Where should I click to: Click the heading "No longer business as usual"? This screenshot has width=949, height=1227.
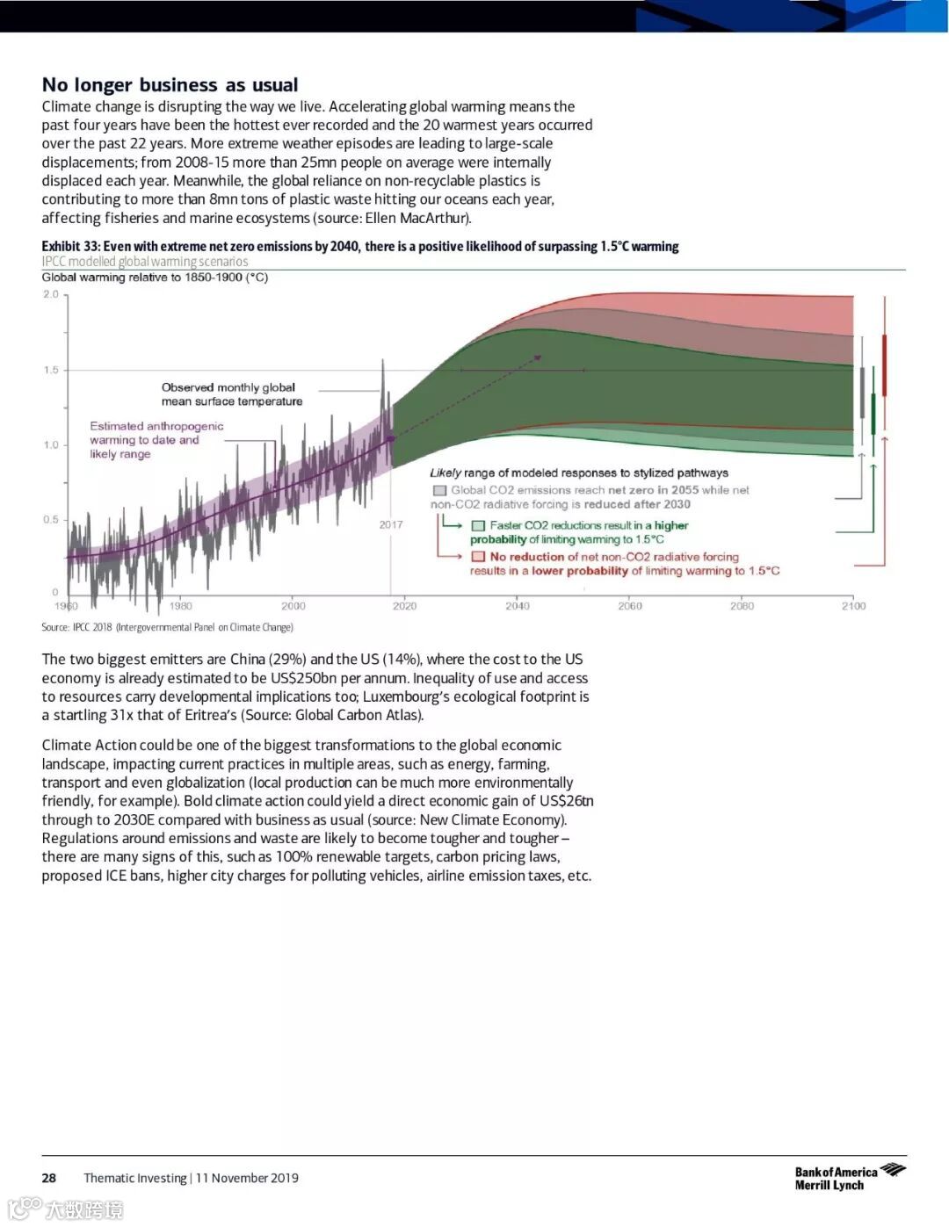click(170, 84)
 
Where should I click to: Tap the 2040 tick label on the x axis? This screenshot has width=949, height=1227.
click(517, 606)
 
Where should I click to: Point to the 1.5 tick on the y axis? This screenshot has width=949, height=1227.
click(51, 370)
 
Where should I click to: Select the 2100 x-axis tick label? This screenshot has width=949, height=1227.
click(853, 606)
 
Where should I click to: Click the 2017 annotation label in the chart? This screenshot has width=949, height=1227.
click(391, 524)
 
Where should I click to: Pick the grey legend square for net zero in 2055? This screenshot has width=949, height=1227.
click(439, 490)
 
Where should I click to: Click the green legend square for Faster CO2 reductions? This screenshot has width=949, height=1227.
click(478, 525)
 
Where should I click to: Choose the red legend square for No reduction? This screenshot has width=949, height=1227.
click(478, 557)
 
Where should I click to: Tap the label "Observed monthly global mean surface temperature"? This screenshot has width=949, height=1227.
click(231, 394)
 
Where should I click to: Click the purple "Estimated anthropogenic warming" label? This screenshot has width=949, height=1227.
click(156, 440)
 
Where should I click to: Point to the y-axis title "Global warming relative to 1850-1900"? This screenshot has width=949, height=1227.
click(155, 278)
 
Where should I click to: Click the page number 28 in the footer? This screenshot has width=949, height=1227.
click(49, 1178)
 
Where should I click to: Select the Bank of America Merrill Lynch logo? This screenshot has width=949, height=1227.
click(849, 1177)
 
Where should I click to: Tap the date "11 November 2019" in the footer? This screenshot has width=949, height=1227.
click(247, 1178)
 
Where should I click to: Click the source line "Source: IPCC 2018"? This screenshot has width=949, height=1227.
click(167, 627)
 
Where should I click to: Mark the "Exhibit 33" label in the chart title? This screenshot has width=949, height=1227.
click(70, 247)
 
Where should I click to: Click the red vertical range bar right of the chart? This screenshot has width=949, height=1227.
click(884, 364)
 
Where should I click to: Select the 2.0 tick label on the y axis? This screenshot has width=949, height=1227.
click(51, 294)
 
